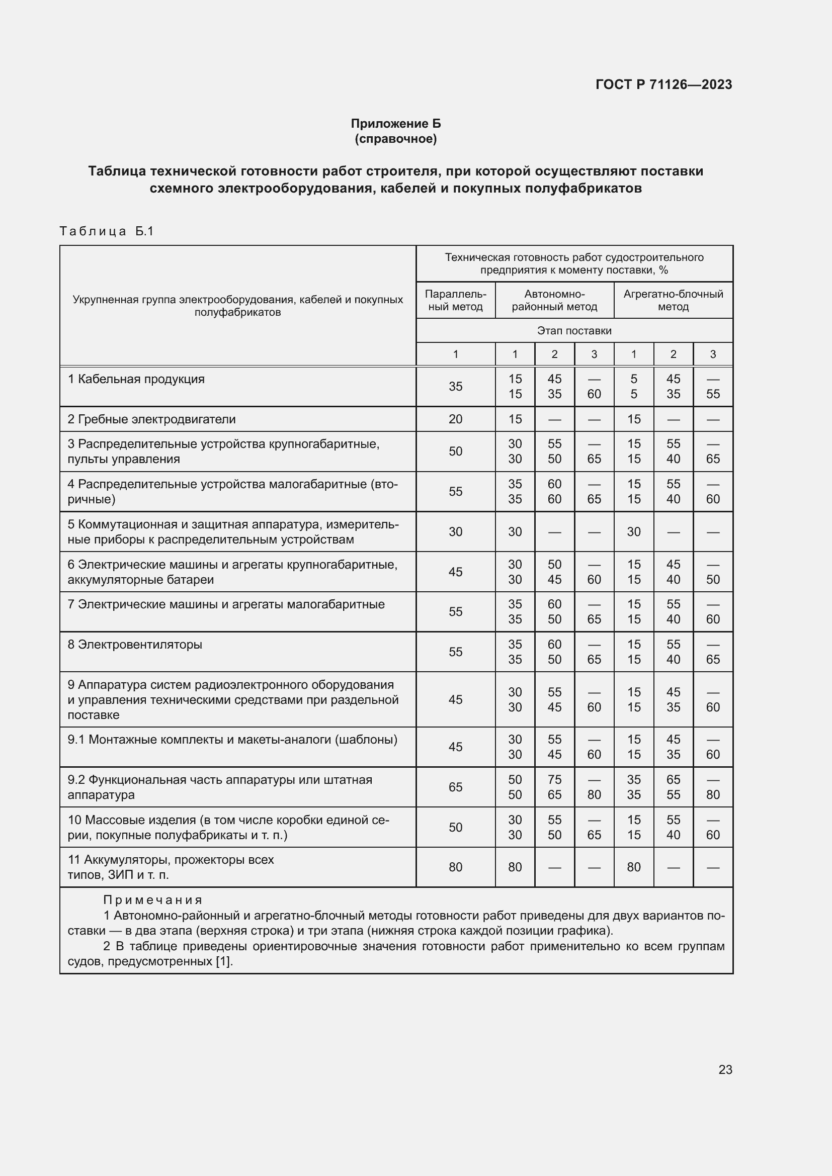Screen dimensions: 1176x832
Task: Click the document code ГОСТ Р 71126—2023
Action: click(x=663, y=84)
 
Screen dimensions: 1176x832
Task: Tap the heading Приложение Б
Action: click(x=395, y=124)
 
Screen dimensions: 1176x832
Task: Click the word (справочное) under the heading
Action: click(x=395, y=139)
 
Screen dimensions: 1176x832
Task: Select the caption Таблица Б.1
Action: click(x=107, y=231)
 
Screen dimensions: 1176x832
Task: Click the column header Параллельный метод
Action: click(x=455, y=300)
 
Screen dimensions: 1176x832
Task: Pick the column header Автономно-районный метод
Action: click(x=554, y=300)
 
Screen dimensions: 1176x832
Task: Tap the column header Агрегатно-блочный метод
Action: click(x=673, y=300)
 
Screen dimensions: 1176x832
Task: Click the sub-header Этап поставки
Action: click(x=574, y=331)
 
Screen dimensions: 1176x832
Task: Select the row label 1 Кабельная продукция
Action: click(x=136, y=379)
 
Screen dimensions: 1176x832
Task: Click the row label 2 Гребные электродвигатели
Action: click(x=151, y=419)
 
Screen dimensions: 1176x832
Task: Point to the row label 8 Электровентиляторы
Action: click(x=135, y=645)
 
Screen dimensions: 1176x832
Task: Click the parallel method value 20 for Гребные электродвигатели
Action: click(x=455, y=419)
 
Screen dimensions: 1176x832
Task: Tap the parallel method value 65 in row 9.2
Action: click(x=455, y=787)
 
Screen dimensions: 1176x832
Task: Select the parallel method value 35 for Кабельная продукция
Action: click(x=455, y=387)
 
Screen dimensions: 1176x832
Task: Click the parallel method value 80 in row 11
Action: click(x=455, y=867)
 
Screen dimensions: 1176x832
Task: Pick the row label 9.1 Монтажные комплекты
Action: click(x=232, y=740)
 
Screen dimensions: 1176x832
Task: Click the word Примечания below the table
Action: click(x=153, y=900)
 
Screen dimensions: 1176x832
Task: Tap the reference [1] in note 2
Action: click(x=224, y=961)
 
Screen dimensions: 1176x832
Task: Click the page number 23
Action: click(x=725, y=1069)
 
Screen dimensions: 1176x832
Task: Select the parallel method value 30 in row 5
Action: click(x=455, y=531)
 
